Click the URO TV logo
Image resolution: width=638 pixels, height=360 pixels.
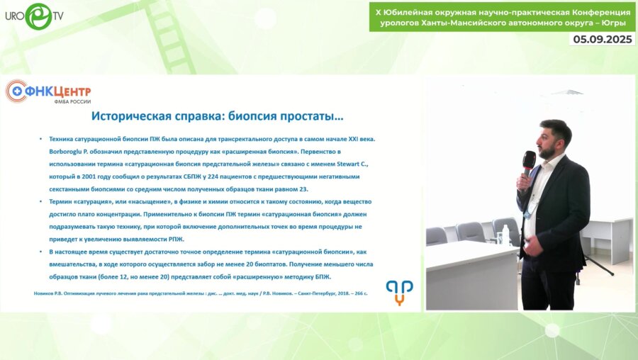[35, 16]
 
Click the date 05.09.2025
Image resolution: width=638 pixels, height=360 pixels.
[603, 40]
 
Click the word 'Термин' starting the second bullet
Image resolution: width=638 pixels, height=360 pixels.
[62, 203]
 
